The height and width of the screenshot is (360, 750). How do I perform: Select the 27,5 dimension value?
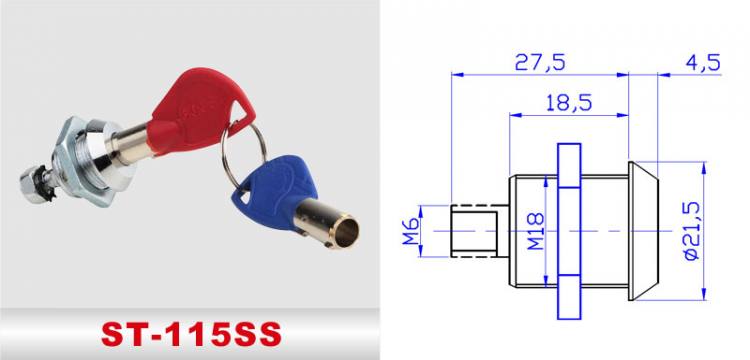539,63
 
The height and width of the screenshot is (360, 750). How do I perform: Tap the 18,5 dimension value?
566,102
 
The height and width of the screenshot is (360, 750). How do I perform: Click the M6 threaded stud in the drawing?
474,231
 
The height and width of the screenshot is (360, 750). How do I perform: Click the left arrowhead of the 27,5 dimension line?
456,73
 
